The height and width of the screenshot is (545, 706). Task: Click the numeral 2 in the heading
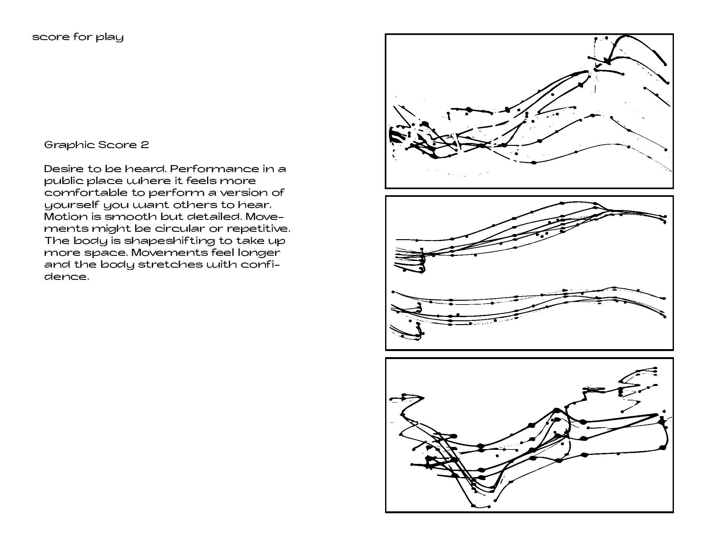point(145,145)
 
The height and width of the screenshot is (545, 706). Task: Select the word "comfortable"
point(86,193)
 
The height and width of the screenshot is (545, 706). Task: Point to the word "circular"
point(179,229)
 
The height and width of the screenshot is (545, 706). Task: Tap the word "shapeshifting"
point(169,241)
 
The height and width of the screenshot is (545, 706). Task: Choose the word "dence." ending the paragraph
point(66,277)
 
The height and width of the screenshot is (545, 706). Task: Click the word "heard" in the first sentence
point(147,169)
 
